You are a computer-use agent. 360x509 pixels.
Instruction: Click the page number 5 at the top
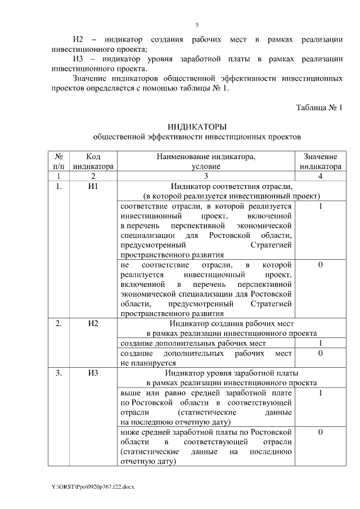(197, 25)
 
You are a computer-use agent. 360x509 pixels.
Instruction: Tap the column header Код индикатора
(93, 161)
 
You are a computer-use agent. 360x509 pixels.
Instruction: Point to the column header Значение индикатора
(320, 161)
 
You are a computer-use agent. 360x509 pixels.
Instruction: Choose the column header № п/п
(58, 161)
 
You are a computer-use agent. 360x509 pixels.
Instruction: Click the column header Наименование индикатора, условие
(206, 161)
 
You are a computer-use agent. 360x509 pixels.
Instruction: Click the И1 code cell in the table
(93, 186)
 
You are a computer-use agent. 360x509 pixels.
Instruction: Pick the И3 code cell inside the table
(93, 373)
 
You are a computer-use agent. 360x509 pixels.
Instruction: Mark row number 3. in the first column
(58, 373)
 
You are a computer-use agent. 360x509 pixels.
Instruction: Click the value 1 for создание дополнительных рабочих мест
(320, 343)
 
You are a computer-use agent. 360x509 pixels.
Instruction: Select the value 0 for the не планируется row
(320, 353)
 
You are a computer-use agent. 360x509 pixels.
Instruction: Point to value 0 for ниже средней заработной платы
(320, 432)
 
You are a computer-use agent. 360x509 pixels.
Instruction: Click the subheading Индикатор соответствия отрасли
(232, 186)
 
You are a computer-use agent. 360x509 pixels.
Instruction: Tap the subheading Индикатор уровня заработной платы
(232, 373)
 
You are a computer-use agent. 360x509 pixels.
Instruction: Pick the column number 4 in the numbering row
(320, 176)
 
